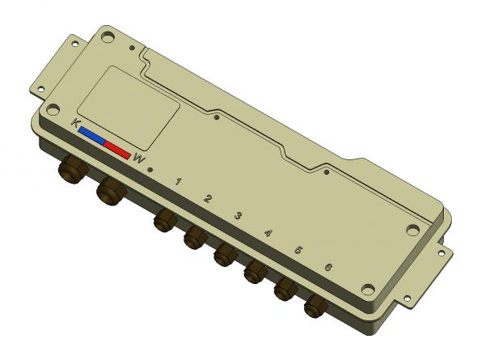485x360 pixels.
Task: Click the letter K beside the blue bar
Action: click(x=75, y=123)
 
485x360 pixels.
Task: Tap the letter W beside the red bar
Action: click(x=139, y=159)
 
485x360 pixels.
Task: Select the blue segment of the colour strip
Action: click(x=92, y=136)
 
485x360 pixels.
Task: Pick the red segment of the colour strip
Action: click(x=117, y=150)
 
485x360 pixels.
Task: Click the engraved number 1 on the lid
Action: click(x=178, y=181)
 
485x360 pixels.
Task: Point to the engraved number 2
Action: click(x=208, y=198)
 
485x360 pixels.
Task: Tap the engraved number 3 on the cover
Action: click(x=238, y=215)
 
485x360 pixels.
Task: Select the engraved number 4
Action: click(x=268, y=233)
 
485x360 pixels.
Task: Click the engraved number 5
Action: click(x=298, y=250)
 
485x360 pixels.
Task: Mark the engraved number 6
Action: click(x=328, y=267)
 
